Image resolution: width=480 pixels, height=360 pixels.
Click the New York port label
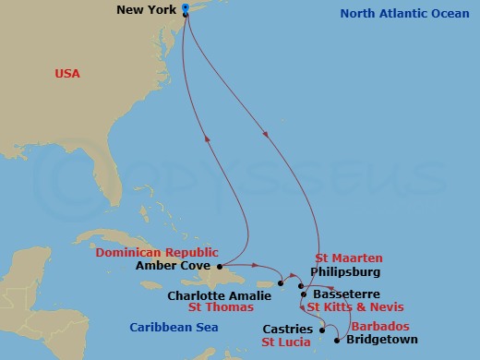149,10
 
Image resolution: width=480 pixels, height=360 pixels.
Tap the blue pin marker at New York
186,9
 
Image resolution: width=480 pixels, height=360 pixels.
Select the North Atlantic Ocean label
403,13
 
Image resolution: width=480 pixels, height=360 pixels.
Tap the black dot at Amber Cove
220,265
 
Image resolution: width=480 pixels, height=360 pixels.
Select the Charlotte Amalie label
219,296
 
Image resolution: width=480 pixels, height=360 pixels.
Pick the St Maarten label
348,258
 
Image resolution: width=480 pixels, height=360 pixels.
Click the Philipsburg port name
344,273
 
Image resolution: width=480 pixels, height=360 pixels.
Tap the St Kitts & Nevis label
354,307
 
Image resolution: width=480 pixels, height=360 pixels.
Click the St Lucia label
284,342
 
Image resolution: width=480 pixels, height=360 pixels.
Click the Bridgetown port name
381,340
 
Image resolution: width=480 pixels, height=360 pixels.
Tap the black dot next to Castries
321,328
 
